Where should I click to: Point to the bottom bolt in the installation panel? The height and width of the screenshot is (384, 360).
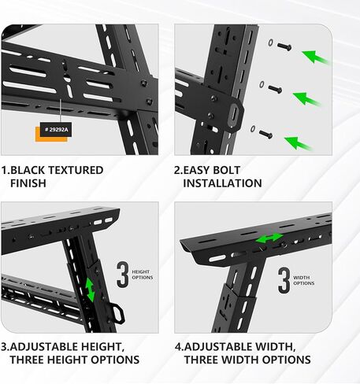click(265, 134)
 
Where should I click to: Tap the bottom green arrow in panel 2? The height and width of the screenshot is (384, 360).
click(300, 143)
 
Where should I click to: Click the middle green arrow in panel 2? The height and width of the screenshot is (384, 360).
click(307, 99)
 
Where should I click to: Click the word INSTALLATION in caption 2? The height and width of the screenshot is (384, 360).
click(222, 183)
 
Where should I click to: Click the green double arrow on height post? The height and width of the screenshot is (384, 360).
click(91, 288)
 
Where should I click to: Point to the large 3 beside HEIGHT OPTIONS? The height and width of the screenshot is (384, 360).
click(122, 276)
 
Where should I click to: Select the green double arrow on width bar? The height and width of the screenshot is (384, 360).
click(269, 238)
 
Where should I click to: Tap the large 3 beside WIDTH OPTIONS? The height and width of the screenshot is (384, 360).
click(284, 280)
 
